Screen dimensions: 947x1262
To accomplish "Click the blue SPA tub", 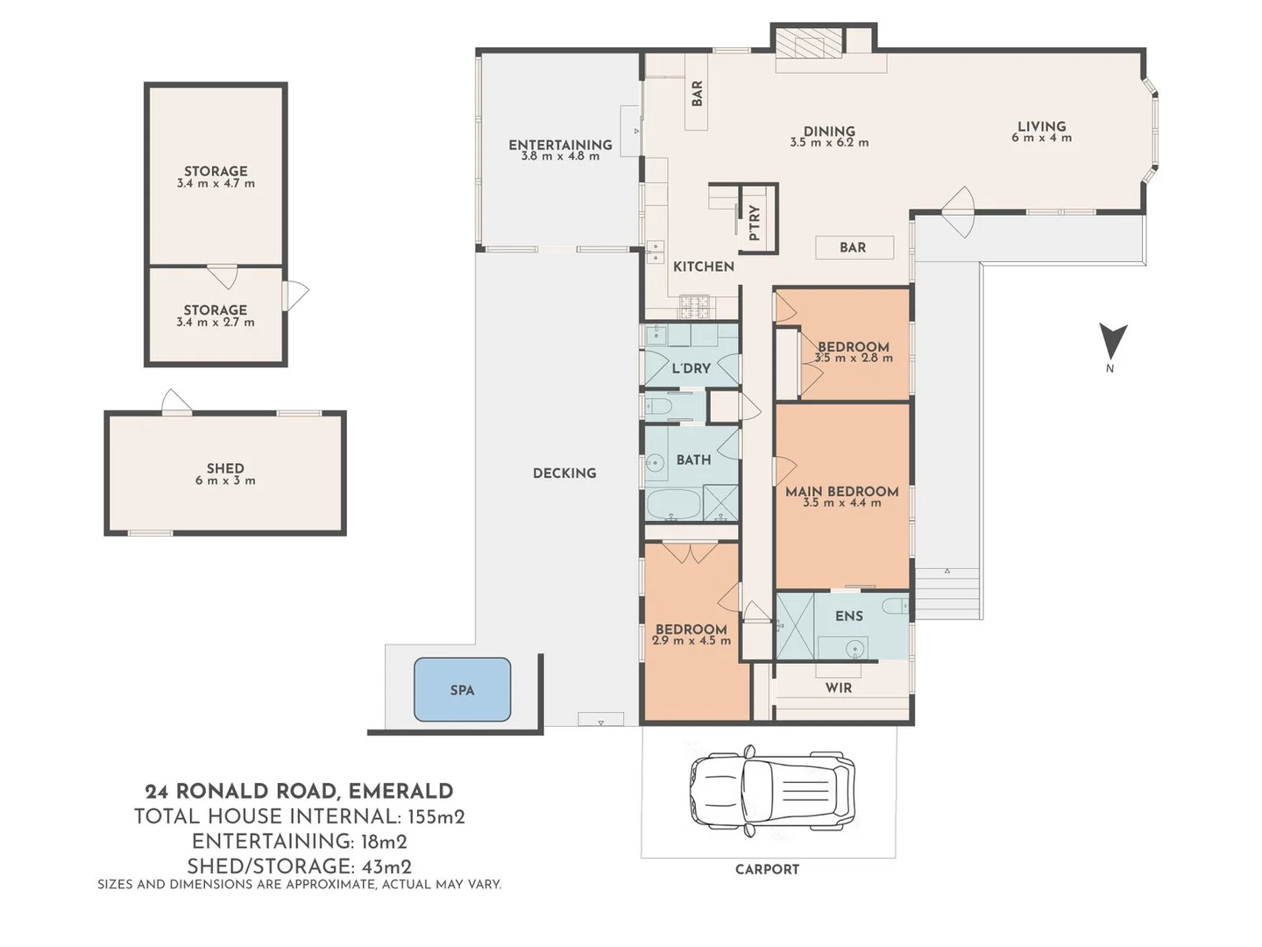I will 462,690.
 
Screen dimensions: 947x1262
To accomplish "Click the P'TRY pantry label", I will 755,223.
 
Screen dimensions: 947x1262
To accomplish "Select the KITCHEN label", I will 703,267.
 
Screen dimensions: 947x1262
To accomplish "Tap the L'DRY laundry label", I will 691,368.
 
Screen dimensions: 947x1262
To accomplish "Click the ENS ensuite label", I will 848,616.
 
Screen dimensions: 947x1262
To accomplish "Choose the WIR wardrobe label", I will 838,688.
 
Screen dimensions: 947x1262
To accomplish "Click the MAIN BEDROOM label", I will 841,491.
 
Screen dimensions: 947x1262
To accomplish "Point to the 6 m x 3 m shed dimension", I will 225,481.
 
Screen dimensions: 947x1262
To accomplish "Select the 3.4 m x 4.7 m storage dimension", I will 216,184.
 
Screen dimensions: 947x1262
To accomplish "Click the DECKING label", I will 564,473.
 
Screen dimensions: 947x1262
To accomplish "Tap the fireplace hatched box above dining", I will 806,42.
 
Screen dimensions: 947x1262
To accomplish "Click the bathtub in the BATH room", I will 673,505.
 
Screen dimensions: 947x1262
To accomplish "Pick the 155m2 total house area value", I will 436,816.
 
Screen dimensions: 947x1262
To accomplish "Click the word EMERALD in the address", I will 401,792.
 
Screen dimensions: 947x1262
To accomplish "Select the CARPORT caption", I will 767,869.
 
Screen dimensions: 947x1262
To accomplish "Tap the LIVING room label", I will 1041,126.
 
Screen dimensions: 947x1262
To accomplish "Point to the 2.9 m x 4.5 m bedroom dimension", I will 691,641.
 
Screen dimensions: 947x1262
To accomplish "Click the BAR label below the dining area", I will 853,248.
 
